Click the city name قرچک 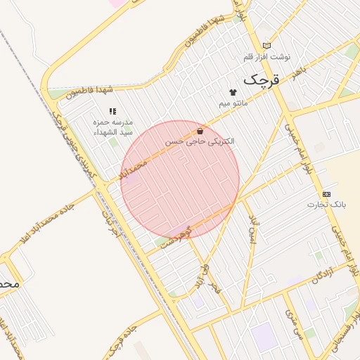(x=261, y=80)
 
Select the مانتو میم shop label (x=233, y=103)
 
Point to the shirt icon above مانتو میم (x=233, y=92)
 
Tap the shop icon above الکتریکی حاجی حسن (x=200, y=131)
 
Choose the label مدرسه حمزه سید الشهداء (x=113, y=127)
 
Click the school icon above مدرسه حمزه (x=112, y=111)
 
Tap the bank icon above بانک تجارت (x=326, y=193)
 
